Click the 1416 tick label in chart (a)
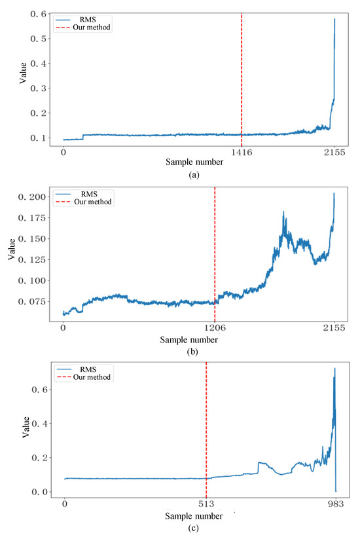click(242, 153)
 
